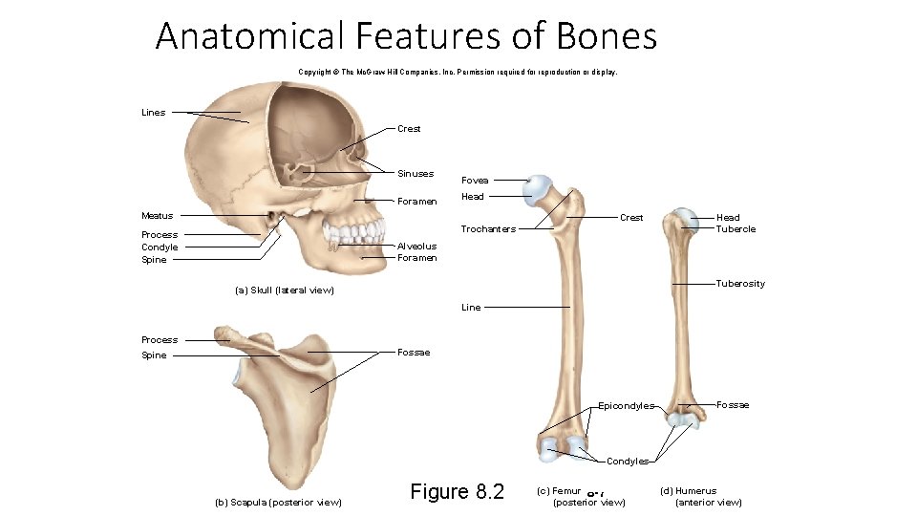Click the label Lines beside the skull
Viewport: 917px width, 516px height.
(153, 113)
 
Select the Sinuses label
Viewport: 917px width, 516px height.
(416, 174)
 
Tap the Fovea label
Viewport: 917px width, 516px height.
(475, 181)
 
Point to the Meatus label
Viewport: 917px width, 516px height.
(157, 216)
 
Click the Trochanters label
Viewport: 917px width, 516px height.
(488, 229)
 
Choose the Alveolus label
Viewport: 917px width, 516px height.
(416, 247)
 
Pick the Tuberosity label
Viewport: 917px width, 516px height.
(740, 284)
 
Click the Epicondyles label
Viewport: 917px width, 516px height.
(626, 406)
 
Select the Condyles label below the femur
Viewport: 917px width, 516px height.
(628, 462)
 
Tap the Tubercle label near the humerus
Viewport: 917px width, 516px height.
(736, 229)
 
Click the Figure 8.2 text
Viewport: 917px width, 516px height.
(457, 492)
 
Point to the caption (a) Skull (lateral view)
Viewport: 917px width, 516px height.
(284, 290)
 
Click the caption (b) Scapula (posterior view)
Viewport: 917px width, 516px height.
(278, 503)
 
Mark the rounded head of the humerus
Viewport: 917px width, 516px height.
(684, 219)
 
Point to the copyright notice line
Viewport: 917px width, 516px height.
(458, 72)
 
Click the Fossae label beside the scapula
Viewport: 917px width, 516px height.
(414, 353)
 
